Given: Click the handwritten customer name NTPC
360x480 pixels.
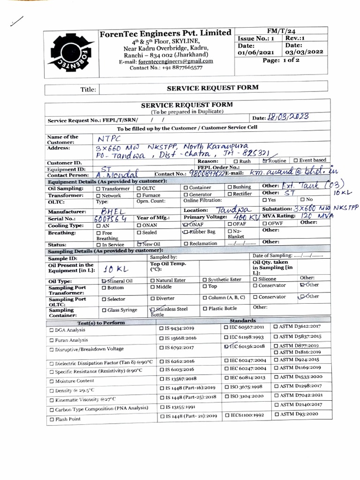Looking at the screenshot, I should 109,139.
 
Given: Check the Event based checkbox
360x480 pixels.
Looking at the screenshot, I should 296,161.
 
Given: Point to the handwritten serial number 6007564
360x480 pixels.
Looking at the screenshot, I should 110,218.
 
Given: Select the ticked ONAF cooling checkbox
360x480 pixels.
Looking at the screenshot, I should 185,224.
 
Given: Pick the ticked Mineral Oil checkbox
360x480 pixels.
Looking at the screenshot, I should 104,280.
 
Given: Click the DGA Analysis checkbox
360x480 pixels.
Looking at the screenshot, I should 52,330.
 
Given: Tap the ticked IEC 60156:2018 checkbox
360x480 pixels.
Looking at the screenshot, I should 227,346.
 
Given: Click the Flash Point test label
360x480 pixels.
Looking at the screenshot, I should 68,419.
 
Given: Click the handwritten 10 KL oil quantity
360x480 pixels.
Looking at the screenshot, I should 112,269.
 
